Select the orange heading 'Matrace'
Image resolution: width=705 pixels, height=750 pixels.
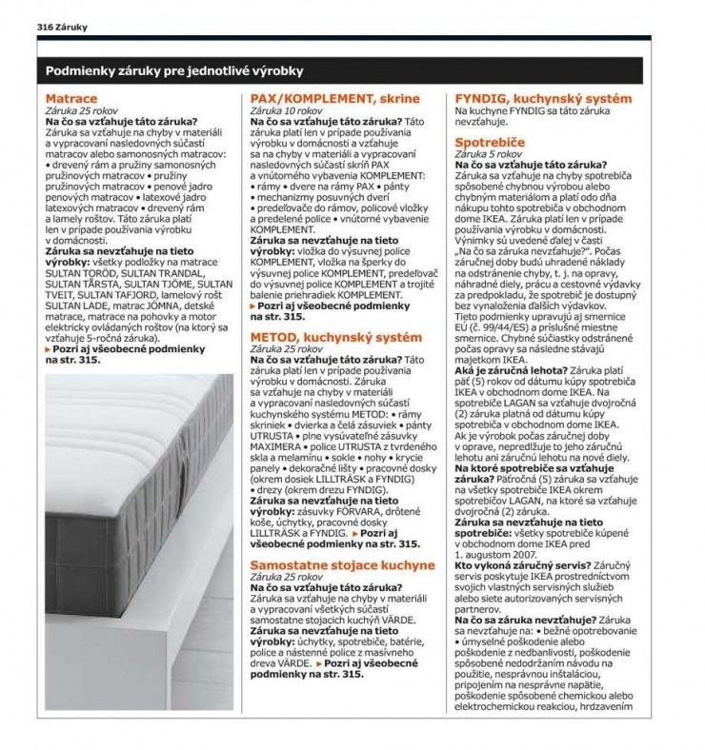pyautogui.click(x=71, y=99)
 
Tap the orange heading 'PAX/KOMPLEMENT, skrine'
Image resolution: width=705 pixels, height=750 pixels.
pyautogui.click(x=334, y=99)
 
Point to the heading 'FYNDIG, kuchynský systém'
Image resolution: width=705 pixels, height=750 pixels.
pyautogui.click(x=543, y=99)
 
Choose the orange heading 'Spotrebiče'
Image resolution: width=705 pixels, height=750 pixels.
pyautogui.click(x=494, y=141)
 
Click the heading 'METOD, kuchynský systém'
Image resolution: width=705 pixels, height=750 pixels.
pyautogui.click(x=334, y=338)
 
